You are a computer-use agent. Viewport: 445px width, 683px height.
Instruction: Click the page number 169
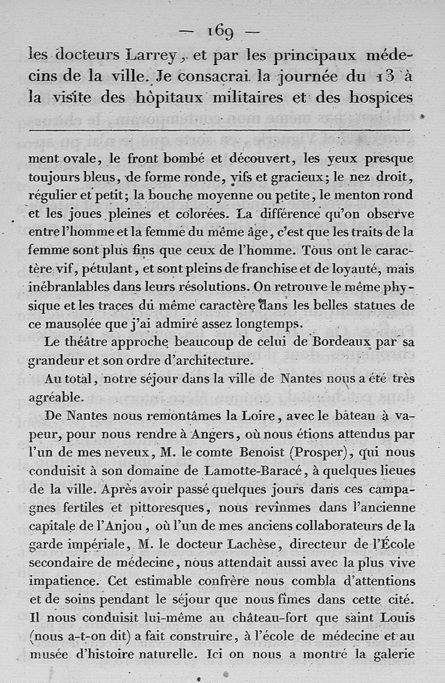click(222, 32)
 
